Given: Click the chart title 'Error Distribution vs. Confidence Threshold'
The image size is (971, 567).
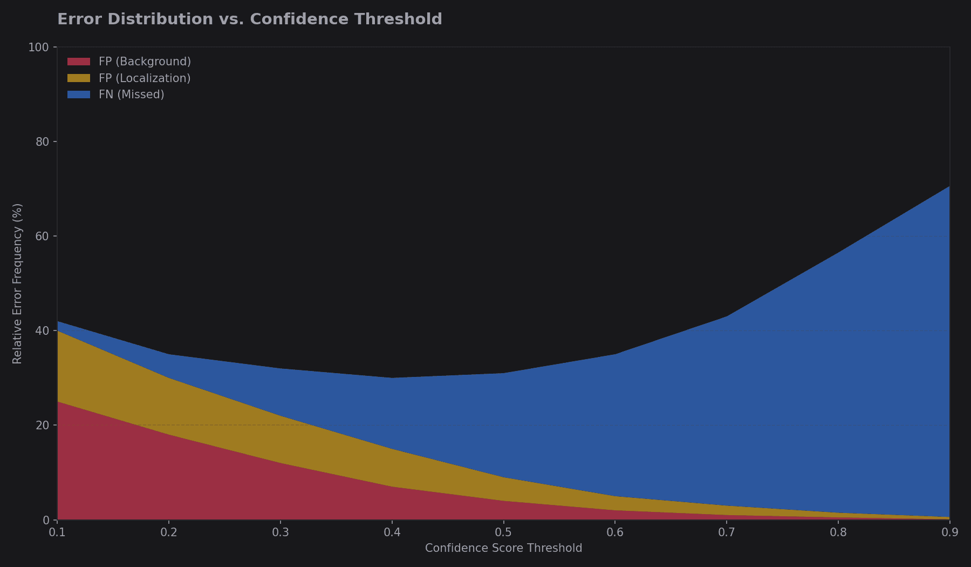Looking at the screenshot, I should pyautogui.click(x=249, y=19).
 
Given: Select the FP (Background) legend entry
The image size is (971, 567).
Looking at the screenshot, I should pyautogui.click(x=145, y=62).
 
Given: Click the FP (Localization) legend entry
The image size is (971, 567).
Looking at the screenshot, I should pyautogui.click(x=145, y=78).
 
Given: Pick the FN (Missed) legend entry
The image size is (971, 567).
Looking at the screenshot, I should pyautogui.click(x=131, y=94).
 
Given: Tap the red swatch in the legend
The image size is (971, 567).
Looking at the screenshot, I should pyautogui.click(x=79, y=62).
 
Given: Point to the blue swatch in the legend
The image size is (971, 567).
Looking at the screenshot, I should pyautogui.click(x=79, y=94).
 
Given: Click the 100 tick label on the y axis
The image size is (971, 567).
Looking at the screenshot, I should pyautogui.click(x=38, y=48).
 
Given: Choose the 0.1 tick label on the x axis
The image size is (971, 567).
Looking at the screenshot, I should pyautogui.click(x=57, y=533).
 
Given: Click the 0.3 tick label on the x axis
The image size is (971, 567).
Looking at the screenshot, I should pyautogui.click(x=281, y=533).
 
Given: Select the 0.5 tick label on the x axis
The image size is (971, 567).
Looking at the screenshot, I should pyautogui.click(x=503, y=533).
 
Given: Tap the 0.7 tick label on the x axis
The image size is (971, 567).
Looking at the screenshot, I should pyautogui.click(x=727, y=533).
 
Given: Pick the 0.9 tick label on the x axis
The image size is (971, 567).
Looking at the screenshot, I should pyautogui.click(x=949, y=533).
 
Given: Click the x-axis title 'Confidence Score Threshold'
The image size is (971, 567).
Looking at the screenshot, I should pyautogui.click(x=503, y=549).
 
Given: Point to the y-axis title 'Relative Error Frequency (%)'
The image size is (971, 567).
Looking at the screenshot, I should pyautogui.click(x=17, y=283).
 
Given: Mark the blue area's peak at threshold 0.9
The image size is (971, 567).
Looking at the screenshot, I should pyautogui.click(x=949, y=187).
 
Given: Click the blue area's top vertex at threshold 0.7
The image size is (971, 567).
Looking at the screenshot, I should pyautogui.click(x=727, y=316).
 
